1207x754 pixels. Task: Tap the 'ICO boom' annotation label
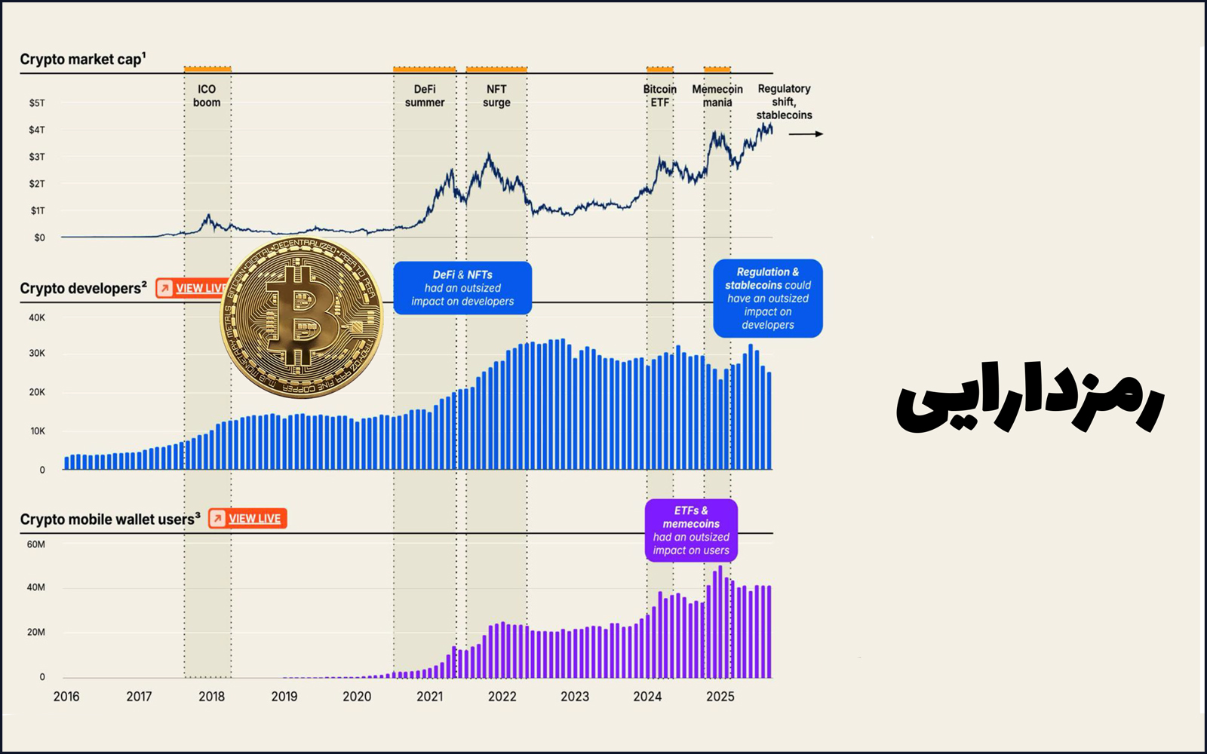(x=207, y=96)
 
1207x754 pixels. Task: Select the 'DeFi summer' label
(x=425, y=96)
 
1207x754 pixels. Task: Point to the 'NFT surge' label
(x=496, y=96)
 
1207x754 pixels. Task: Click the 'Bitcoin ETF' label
(x=660, y=96)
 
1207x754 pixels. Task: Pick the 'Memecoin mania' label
(x=717, y=96)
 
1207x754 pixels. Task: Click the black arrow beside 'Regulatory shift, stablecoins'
(x=806, y=134)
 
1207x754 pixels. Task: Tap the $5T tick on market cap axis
(x=37, y=103)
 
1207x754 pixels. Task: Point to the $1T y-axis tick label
(x=37, y=210)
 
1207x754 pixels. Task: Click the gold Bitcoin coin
(x=301, y=317)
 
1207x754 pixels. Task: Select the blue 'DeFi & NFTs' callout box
(x=462, y=288)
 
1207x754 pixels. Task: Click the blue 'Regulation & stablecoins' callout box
(x=767, y=299)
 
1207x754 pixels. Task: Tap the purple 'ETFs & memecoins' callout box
(x=691, y=531)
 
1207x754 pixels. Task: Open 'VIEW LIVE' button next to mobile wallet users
(x=247, y=519)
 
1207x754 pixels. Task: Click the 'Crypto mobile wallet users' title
(x=109, y=520)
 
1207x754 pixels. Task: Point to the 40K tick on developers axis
(x=37, y=318)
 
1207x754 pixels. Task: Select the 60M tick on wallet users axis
(x=36, y=544)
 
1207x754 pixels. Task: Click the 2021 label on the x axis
(x=429, y=697)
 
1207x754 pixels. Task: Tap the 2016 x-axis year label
(x=66, y=697)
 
